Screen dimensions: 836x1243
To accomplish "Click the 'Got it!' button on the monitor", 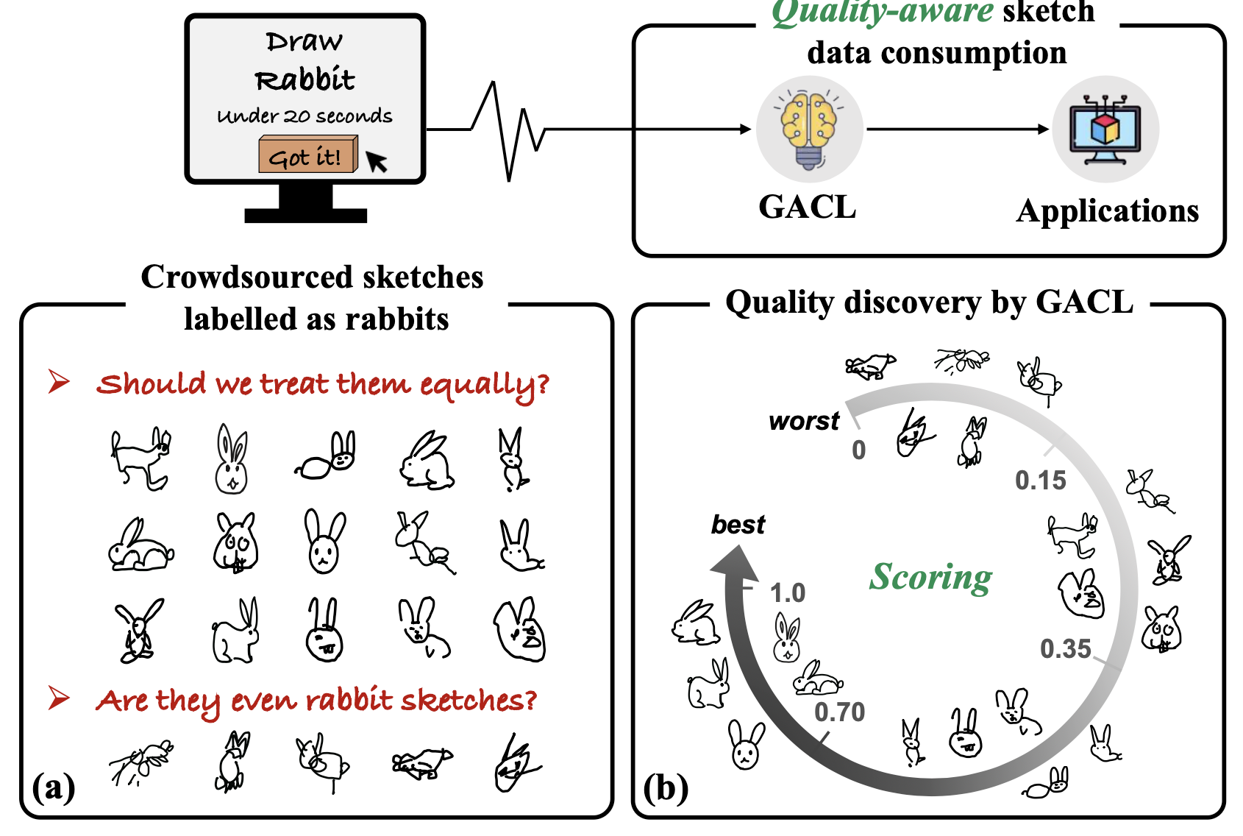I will tap(306, 155).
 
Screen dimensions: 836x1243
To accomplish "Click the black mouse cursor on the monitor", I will tap(376, 160).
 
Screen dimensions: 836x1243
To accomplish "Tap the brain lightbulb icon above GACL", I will tap(809, 129).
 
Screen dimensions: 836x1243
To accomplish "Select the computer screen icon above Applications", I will tap(1105, 130).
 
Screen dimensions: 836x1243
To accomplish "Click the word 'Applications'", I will tap(1108, 211).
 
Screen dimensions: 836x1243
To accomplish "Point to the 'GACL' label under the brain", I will tap(808, 208).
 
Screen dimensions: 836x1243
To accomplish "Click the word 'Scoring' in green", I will tap(931, 577).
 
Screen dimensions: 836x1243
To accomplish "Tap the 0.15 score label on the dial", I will tap(1040, 481).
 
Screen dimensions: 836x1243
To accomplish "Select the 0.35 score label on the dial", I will tap(1065, 649).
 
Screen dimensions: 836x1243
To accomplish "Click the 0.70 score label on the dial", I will tap(839, 712).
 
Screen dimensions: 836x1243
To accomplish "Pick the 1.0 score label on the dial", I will tap(787, 593).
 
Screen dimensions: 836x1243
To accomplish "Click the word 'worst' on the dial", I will tap(804, 421).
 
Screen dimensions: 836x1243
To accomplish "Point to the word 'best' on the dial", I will tap(738, 525).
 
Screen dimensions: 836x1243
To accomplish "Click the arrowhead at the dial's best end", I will tap(734, 564).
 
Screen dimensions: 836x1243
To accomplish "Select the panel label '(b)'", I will tap(666, 787).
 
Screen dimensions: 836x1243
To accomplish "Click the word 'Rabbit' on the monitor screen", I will tap(304, 79).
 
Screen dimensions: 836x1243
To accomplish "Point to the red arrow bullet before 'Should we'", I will tap(60, 381).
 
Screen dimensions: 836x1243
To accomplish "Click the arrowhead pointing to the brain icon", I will tap(745, 130).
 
